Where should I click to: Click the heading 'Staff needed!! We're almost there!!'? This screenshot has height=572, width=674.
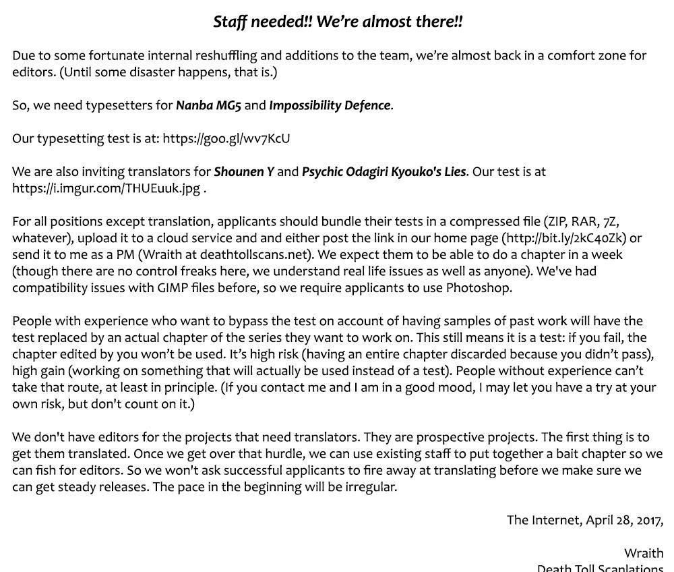338,22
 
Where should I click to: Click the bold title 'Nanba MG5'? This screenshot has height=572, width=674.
208,105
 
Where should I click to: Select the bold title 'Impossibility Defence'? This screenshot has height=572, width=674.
330,105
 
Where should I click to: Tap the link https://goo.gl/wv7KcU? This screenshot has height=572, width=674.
226,138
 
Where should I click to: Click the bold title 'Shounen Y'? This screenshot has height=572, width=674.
244,171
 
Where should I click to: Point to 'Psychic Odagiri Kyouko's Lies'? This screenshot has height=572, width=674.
384,171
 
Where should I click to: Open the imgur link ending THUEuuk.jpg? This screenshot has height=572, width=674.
106,188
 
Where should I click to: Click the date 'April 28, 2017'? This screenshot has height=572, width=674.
623,520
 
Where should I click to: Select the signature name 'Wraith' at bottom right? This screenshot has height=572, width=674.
643,553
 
